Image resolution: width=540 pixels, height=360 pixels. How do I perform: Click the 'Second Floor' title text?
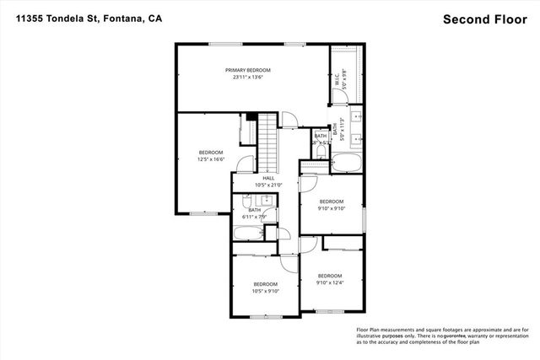484,19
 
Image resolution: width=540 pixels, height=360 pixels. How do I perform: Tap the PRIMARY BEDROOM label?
247,69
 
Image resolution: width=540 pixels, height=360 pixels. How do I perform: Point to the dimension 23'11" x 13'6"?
247,77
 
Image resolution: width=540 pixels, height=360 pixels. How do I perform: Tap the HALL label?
268,178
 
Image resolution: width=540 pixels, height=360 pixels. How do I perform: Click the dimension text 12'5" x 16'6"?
199,159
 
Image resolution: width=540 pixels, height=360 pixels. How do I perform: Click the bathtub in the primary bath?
346,164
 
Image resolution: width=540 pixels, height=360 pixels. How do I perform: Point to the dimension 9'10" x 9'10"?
331,207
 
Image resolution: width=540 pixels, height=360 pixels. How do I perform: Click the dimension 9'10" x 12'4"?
330,282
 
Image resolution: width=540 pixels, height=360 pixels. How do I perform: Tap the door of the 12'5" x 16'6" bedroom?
246,166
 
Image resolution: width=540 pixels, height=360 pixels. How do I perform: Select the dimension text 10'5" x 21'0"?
268,185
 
